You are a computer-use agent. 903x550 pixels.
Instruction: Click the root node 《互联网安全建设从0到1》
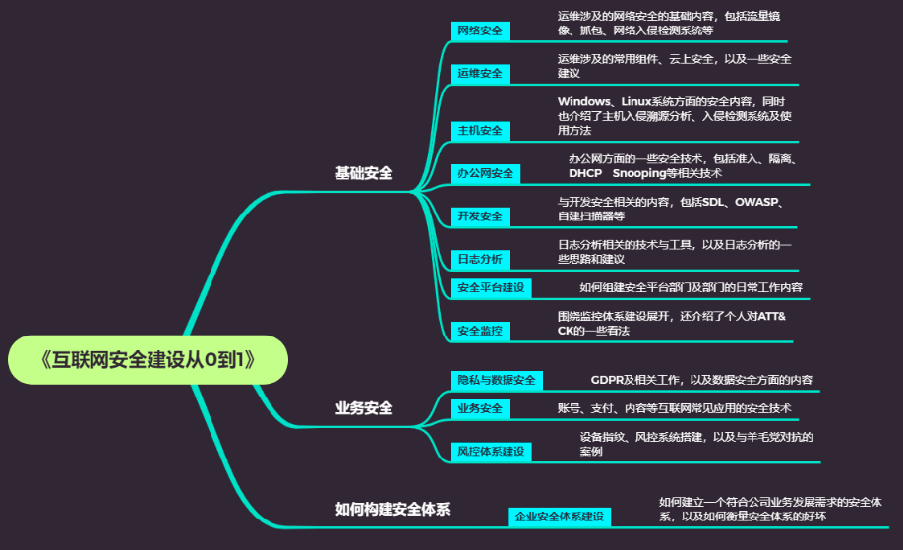[x=148, y=359]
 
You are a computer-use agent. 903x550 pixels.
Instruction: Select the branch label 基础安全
[x=364, y=173]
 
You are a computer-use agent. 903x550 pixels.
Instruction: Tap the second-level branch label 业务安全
[x=364, y=407]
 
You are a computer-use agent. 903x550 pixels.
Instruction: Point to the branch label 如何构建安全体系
[x=392, y=509]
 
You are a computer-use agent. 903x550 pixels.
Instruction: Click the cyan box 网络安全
[x=480, y=31]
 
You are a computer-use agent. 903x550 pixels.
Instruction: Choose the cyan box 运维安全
[x=480, y=73]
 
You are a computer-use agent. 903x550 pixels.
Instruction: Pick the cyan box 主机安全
[x=480, y=130]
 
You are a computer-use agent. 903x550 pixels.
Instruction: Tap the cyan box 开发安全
[x=480, y=215]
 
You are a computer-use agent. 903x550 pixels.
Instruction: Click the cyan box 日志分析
[x=480, y=259]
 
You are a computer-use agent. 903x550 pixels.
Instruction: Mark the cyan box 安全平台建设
[x=491, y=287]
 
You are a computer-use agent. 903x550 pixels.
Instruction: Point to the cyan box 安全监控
[x=480, y=331]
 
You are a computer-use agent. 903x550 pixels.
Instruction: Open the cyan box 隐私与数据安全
[x=496, y=380]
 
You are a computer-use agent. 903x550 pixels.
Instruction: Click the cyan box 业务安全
[x=480, y=408]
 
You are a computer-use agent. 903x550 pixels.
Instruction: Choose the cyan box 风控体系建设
[x=491, y=452]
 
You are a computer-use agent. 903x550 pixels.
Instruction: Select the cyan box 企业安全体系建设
[x=560, y=517]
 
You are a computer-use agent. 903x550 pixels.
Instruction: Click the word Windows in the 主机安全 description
[x=585, y=101]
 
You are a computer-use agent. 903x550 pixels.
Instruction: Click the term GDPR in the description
[x=608, y=380]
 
